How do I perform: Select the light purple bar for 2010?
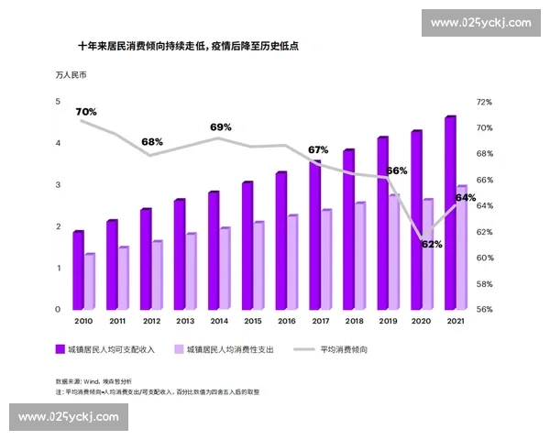(89, 281)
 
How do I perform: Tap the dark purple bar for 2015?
(247, 246)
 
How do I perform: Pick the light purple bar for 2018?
(359, 256)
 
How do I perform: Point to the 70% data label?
(86, 112)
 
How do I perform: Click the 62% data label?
(432, 245)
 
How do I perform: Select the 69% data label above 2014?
(221, 126)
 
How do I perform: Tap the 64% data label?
(465, 198)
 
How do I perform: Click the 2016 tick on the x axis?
(286, 321)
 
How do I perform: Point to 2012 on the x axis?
(151, 321)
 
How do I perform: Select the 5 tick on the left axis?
(58, 102)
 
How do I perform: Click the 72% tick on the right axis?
(484, 102)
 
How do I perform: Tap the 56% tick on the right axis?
(484, 310)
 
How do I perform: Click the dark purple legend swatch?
(60, 349)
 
